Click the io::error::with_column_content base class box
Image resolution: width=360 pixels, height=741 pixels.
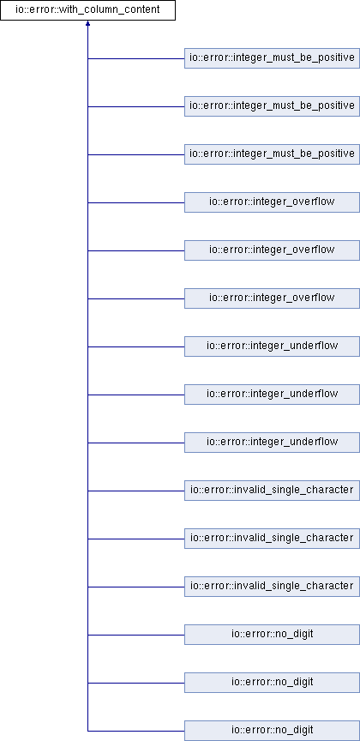coord(88,10)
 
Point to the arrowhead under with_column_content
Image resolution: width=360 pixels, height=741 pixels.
coord(88,23)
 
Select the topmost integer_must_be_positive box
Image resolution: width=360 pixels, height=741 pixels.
coord(272,58)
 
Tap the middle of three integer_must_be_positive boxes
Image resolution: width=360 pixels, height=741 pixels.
coord(272,106)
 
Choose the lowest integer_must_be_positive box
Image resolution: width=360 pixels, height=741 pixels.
coord(272,154)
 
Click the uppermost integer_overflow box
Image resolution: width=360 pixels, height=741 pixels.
coord(272,202)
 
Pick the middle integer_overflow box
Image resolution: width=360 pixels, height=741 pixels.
coord(272,250)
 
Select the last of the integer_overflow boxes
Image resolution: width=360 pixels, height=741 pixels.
coord(272,298)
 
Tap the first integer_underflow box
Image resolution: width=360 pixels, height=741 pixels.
coord(272,346)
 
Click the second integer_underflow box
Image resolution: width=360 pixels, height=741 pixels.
coord(272,395)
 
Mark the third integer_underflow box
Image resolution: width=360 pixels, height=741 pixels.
coord(272,443)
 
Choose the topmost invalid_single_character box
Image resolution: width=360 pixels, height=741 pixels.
coord(272,491)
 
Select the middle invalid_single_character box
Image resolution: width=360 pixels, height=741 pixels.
coord(272,539)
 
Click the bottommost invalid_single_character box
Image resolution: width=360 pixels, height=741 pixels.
coord(272,587)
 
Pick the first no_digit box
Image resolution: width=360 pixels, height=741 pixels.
coord(272,635)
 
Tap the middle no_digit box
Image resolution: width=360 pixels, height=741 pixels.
coord(272,683)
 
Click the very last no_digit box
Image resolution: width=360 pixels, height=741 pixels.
coord(272,731)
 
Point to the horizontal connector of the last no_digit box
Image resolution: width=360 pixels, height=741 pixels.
coord(136,731)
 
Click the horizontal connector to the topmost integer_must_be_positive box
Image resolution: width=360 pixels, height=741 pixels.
coord(136,58)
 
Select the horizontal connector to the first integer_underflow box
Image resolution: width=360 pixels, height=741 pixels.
coord(136,346)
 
